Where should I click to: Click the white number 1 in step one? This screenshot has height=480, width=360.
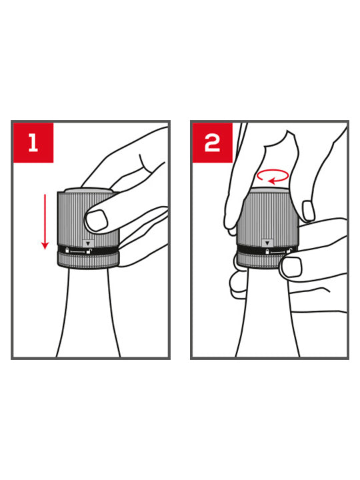[33, 143]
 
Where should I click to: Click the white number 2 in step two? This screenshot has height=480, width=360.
[212, 143]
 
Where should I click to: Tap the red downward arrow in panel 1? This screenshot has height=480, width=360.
[45, 222]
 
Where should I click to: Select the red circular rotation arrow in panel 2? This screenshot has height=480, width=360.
[273, 177]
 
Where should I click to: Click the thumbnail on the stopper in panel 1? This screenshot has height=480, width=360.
[96, 220]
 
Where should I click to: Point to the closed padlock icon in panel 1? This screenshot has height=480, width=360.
[67, 250]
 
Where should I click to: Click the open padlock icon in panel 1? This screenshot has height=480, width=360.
[89, 251]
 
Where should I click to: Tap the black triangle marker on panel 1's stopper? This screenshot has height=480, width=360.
[89, 244]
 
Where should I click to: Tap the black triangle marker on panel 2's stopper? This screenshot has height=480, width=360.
[267, 243]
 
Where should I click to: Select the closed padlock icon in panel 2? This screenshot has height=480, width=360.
[267, 251]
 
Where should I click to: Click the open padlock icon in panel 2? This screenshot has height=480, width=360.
[289, 251]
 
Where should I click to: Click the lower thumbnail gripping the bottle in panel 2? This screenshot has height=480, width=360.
[291, 267]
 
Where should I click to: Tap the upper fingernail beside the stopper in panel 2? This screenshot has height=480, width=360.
[308, 210]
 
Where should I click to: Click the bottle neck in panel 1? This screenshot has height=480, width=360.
[89, 312]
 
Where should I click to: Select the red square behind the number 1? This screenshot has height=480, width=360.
[33, 143]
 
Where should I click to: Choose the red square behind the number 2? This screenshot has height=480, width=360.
[213, 143]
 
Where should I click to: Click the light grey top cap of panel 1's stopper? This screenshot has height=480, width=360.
[89, 191]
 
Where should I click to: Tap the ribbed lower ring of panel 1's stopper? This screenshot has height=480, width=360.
[88, 260]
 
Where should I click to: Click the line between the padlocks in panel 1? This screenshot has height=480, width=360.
[78, 251]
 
